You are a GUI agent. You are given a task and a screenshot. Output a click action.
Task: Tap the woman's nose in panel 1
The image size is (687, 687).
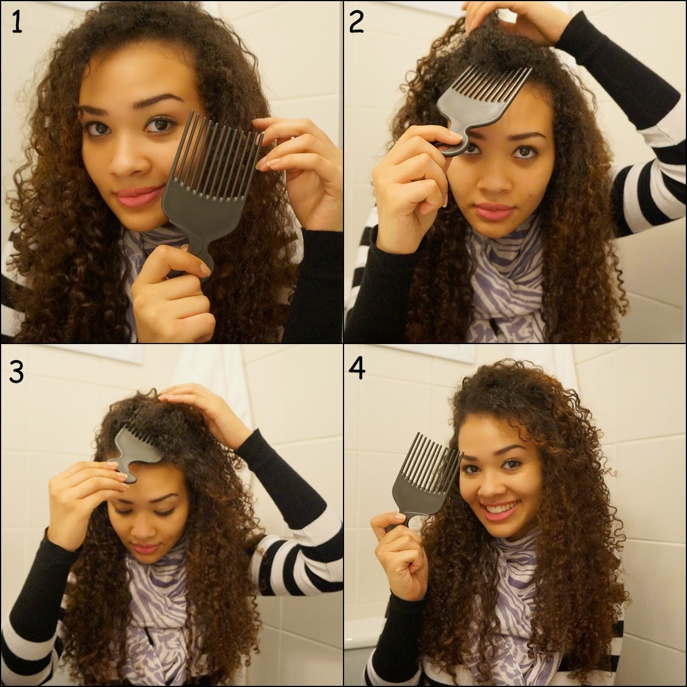click(x=126, y=161)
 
